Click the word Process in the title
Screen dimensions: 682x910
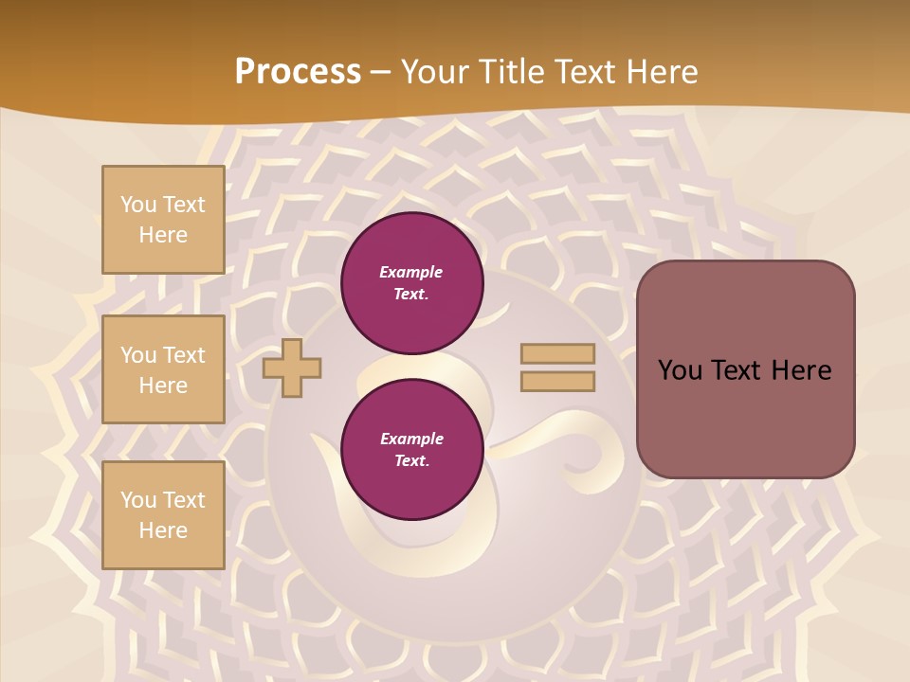(298, 72)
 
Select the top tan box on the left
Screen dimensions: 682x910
(163, 220)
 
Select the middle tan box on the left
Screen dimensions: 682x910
(163, 369)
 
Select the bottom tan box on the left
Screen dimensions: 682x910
(163, 514)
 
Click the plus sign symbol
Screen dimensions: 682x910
(292, 368)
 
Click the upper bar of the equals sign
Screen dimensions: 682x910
(557, 353)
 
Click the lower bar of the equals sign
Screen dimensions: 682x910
(557, 382)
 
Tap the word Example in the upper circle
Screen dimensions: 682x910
(411, 272)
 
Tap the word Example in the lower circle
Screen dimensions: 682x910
(411, 439)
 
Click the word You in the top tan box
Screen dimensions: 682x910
(138, 205)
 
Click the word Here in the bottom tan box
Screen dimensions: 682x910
(163, 530)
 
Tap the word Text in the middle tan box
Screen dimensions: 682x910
(183, 355)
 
